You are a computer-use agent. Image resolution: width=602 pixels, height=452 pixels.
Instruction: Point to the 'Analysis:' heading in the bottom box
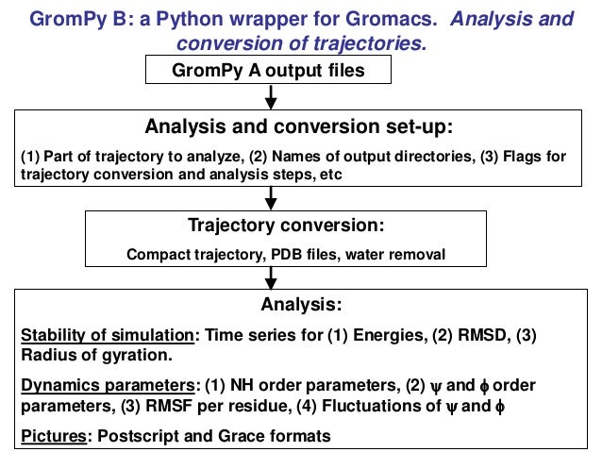coord(300,306)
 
